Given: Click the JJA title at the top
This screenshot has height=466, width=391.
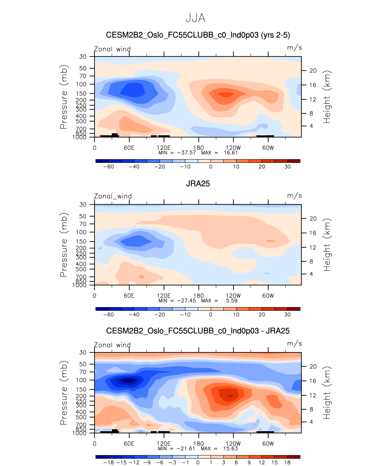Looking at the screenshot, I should [x=195, y=18].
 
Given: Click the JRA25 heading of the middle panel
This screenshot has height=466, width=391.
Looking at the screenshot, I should [x=198, y=184].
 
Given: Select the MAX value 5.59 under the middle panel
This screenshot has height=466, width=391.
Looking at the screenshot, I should [x=232, y=300].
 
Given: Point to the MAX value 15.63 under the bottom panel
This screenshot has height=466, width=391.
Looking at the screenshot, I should [x=230, y=448].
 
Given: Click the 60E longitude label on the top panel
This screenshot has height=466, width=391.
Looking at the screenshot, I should [x=129, y=148].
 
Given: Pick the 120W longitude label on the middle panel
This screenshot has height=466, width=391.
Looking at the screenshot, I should [x=233, y=296].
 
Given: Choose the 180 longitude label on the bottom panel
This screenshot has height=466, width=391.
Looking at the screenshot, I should [x=199, y=443].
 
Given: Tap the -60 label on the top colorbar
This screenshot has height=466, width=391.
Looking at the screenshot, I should [x=108, y=166].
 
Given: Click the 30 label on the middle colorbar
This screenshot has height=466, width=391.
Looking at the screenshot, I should [x=287, y=314].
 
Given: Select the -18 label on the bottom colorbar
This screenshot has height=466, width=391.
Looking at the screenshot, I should [x=108, y=462].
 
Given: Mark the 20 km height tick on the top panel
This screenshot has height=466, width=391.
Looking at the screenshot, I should [x=313, y=71].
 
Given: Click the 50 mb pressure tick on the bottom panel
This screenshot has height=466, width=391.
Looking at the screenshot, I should [x=83, y=364].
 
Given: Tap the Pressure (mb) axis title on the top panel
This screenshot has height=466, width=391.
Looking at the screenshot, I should [x=64, y=97].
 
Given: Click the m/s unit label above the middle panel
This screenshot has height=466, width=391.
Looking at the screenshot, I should [x=294, y=196].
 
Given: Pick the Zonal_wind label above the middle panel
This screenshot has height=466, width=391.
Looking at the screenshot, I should [x=113, y=196].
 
